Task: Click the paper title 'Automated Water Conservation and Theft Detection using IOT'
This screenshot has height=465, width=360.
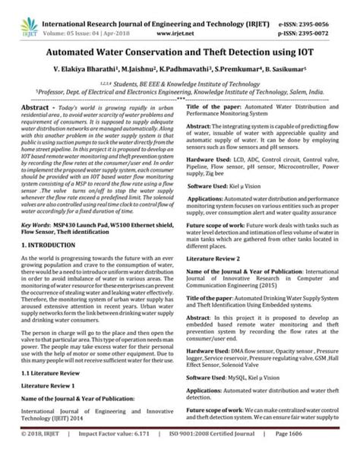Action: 181,55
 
